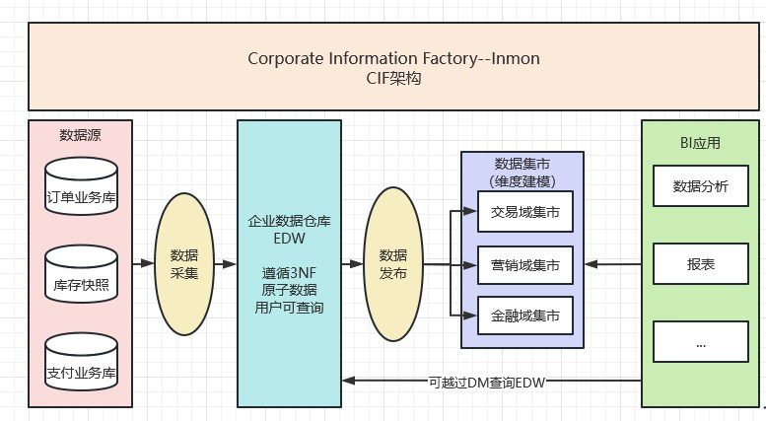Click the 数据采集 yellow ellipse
184,263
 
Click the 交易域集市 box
524,211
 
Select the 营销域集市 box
524,264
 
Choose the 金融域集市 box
524,316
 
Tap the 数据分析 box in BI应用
700,186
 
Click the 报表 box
700,264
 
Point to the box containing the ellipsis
700,342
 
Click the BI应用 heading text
701,142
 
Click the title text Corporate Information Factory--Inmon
393,58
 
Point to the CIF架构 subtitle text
393,78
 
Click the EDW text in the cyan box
289,239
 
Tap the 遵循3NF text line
289,273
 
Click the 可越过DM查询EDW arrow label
487,381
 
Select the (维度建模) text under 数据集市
522,180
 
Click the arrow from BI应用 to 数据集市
612,264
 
